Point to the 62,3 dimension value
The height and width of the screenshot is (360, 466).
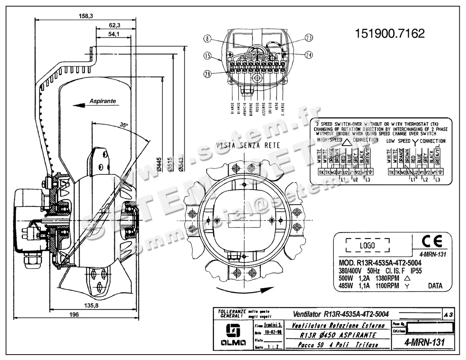point(115,25)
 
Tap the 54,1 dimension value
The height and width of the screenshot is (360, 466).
point(115,34)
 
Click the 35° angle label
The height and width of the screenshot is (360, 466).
point(123,125)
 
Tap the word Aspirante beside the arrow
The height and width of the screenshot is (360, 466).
point(103,101)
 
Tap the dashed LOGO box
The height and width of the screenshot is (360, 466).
point(367,246)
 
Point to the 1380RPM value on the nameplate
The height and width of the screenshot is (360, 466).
point(387,278)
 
